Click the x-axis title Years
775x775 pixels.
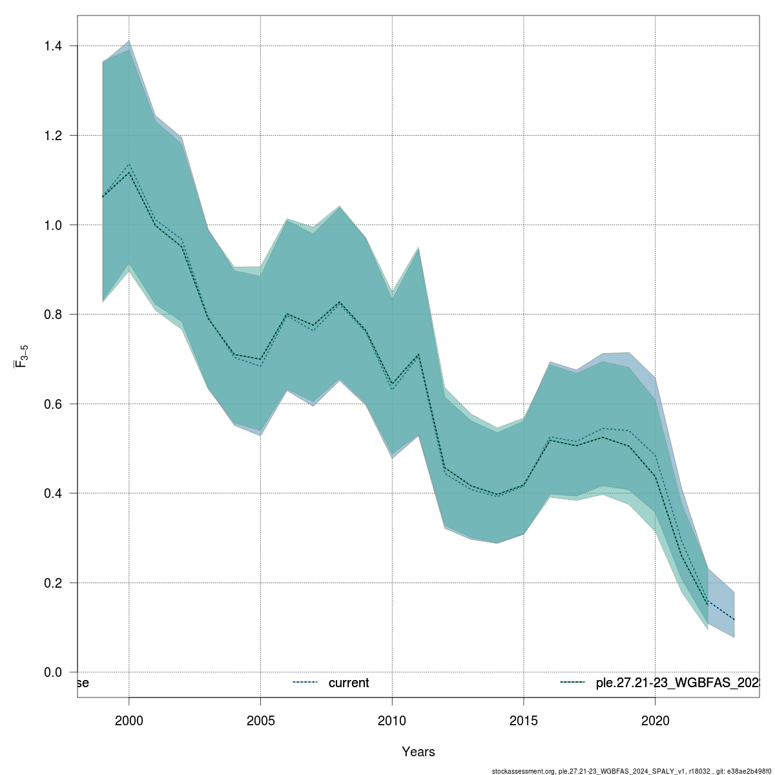coord(418,752)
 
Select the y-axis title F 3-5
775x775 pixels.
coord(21,356)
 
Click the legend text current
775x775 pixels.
coord(349,683)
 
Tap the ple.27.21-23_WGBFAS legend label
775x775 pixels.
coord(676,683)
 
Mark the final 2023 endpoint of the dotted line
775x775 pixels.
coord(734,620)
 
